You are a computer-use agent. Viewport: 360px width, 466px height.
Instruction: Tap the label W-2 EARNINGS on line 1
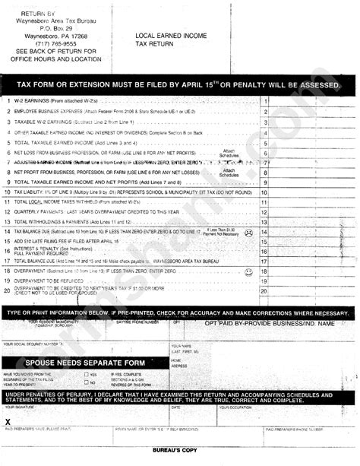pyautogui.click(x=33, y=101)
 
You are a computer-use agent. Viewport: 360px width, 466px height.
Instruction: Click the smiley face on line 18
pyautogui.click(x=248, y=271)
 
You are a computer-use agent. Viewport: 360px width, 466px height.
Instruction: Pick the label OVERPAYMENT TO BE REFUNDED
pyautogui.click(x=52, y=281)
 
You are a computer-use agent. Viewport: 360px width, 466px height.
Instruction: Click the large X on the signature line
pyautogui.click(x=8, y=420)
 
